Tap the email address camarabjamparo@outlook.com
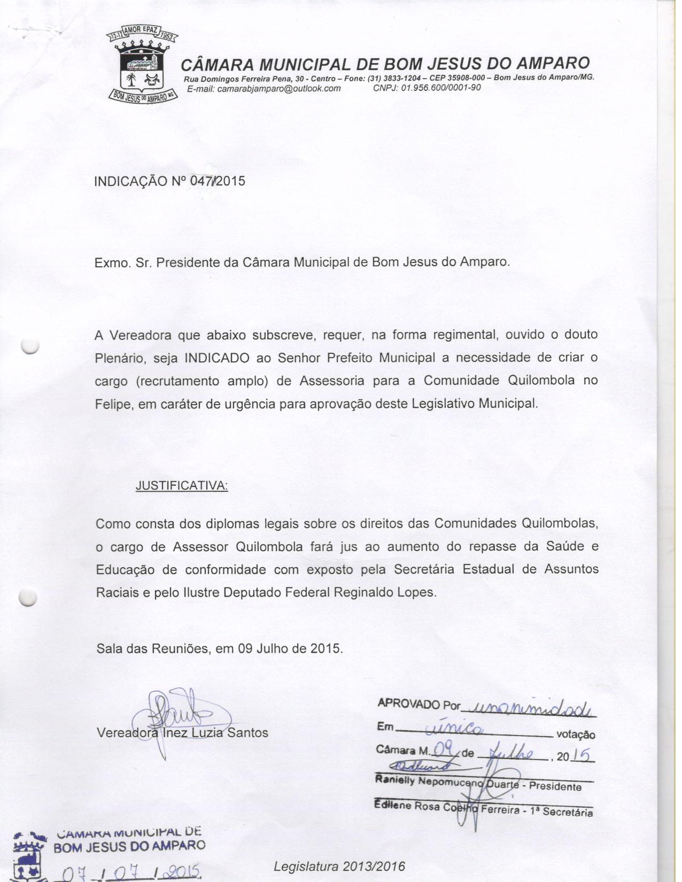coord(263,89)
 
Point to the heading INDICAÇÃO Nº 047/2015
coord(169,181)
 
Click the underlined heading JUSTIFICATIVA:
coord(182,486)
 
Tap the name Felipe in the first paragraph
coord(113,404)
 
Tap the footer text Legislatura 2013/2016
coord(339,866)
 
